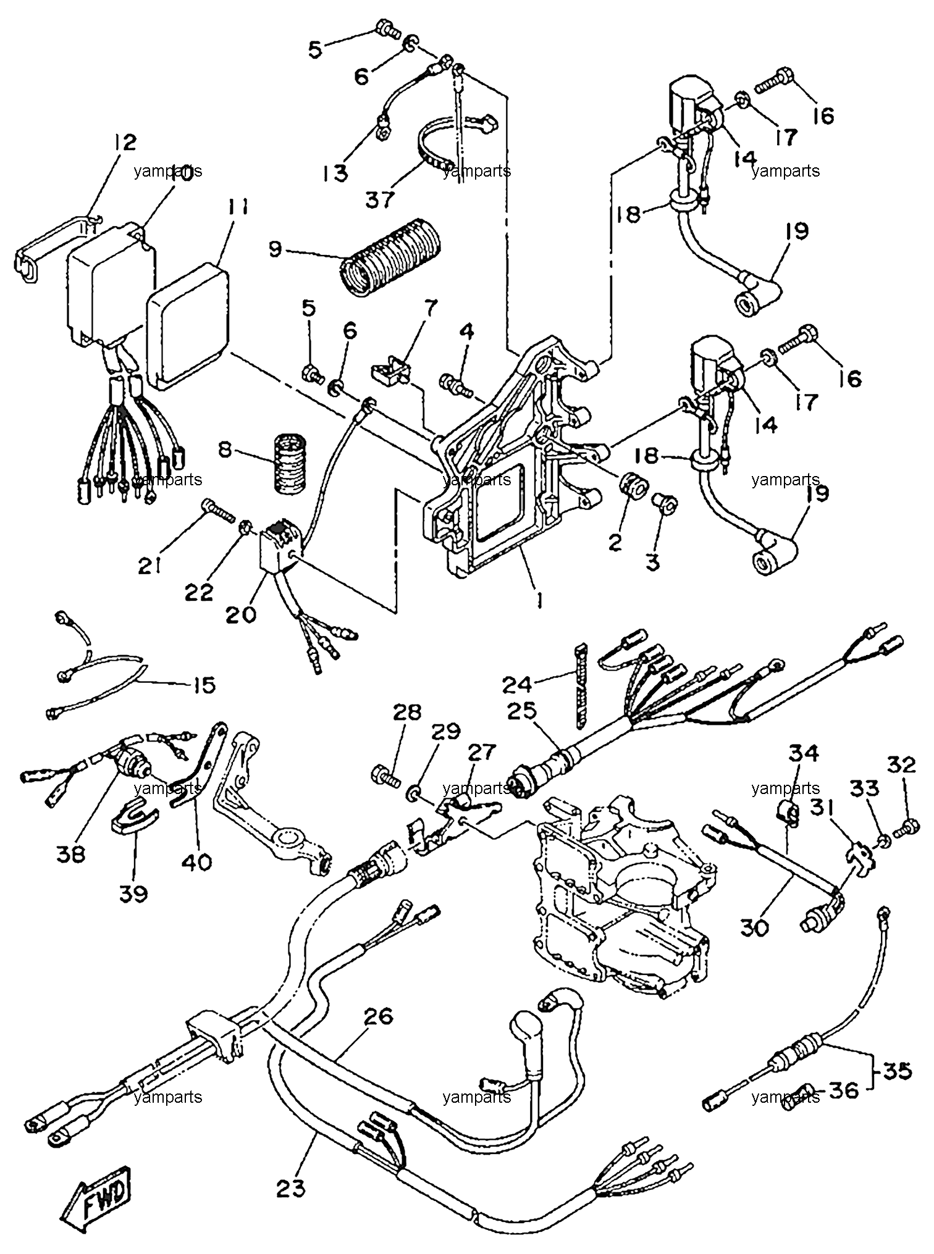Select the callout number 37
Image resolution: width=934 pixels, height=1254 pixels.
pos(381,201)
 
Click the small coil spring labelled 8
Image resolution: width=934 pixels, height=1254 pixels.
pos(290,464)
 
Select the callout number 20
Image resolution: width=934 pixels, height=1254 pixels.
pos(241,614)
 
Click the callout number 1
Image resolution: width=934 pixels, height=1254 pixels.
pos(539,599)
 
